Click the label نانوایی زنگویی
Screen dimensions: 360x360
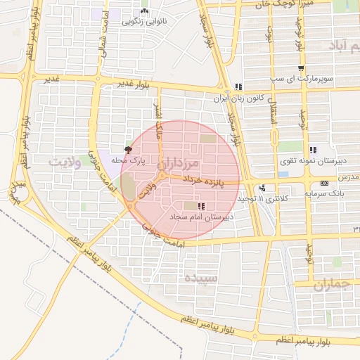tap(144, 21)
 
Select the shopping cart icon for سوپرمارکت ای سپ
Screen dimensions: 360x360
tap(301, 69)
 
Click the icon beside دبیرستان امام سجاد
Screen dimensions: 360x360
tap(202, 206)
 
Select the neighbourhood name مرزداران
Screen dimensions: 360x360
tap(186, 163)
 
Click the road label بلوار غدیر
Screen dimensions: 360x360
tap(134, 84)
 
